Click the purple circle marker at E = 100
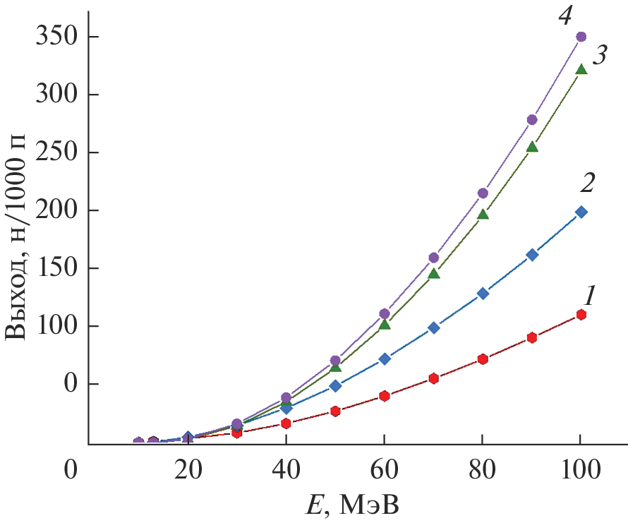click(581, 37)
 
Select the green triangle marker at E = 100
click(581, 69)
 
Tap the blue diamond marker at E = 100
click(581, 212)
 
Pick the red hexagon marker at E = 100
click(581, 315)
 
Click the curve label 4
click(564, 16)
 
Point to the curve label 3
click(600, 55)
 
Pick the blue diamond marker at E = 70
click(433, 327)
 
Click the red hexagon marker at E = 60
click(385, 396)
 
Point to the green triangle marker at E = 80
click(483, 214)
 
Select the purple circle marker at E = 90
click(532, 120)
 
